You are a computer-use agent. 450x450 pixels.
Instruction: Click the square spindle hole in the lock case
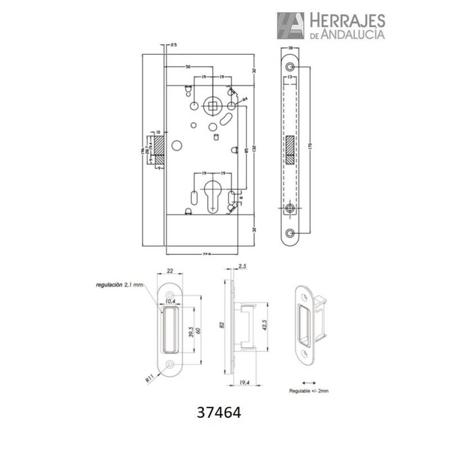[x=213, y=104]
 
